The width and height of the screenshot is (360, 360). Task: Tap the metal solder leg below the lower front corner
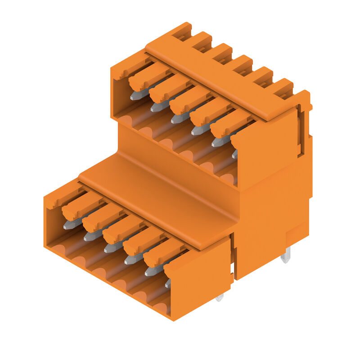coord(219,297)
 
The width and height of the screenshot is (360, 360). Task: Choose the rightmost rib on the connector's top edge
coord(283,87)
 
